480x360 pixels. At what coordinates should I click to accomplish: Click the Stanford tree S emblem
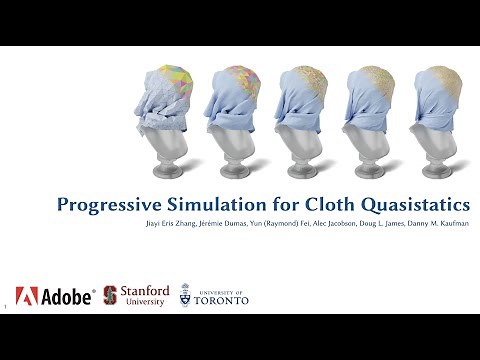tap(110, 295)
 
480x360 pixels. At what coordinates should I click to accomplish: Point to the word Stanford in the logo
tap(145, 290)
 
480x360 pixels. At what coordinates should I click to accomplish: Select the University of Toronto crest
tap(185, 295)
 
